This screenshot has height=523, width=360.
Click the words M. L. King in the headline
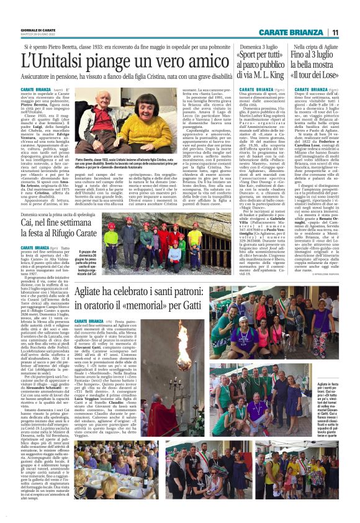tap(268, 78)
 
